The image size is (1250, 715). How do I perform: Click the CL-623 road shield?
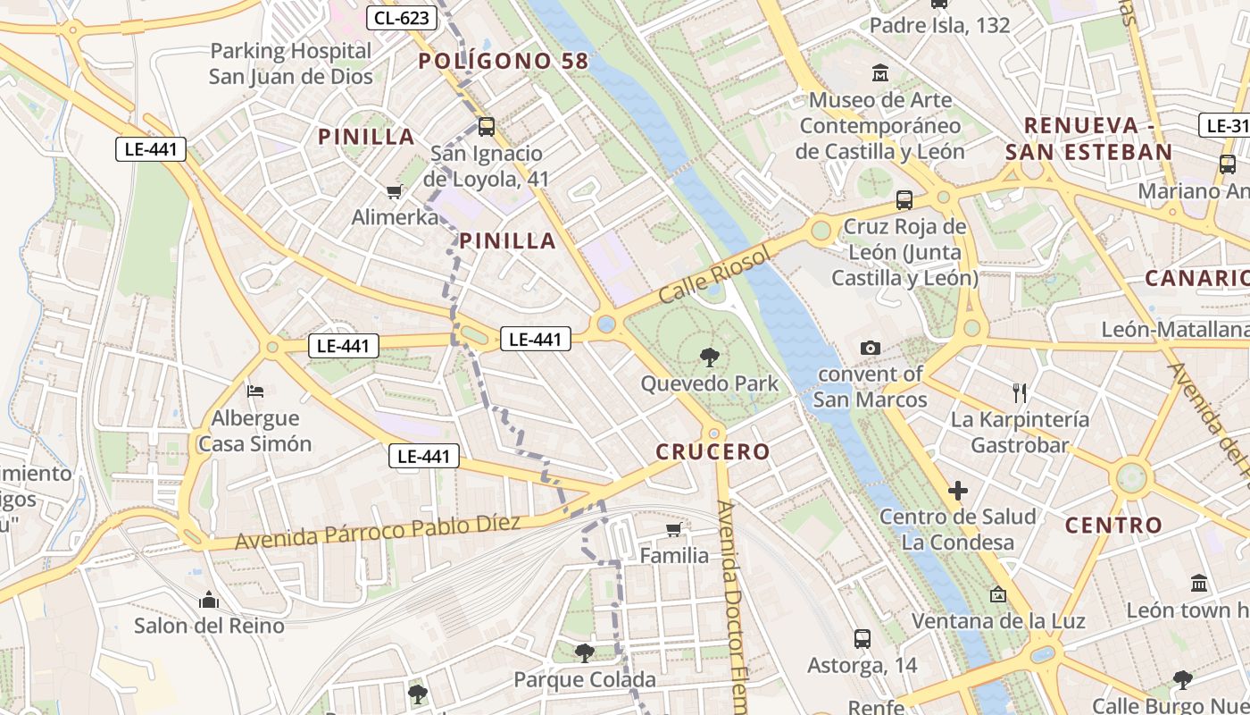[402, 17]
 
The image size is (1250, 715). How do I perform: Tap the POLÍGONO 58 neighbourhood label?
[504, 61]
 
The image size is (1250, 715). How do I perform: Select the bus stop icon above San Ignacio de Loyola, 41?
[487, 127]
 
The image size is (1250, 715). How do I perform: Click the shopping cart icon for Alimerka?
[394, 190]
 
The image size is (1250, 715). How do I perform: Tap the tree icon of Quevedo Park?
[710, 357]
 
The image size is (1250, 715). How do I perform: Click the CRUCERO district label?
[712, 451]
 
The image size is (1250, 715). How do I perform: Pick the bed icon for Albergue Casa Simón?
[255, 391]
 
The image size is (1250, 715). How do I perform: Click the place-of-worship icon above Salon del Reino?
[209, 599]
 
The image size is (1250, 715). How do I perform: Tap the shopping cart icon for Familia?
[674, 530]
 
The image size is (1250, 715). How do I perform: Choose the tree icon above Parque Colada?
[585, 653]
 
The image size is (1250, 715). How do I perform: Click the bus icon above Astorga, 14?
[862, 638]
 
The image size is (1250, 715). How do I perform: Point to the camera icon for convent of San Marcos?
[871, 348]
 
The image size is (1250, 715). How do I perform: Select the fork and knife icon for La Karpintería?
[1020, 392]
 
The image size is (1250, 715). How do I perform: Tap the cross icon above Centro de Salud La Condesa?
[958, 490]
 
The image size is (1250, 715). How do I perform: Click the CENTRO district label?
[1114, 525]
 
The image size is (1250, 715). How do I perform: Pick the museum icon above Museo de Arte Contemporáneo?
[880, 72]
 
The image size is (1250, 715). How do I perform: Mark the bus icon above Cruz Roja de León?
[904, 199]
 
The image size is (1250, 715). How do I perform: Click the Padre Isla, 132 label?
[939, 25]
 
